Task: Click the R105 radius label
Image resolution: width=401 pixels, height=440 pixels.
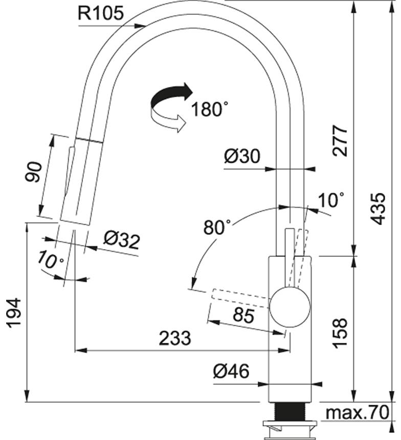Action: pyautogui.click(x=101, y=14)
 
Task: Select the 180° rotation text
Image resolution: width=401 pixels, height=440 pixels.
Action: pyautogui.click(x=209, y=109)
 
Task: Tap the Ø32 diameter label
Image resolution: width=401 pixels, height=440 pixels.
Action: pyautogui.click(x=121, y=240)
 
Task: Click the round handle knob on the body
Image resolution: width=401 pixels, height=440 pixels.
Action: pyautogui.click(x=289, y=306)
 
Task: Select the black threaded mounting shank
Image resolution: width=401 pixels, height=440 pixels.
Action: pyautogui.click(x=289, y=411)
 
